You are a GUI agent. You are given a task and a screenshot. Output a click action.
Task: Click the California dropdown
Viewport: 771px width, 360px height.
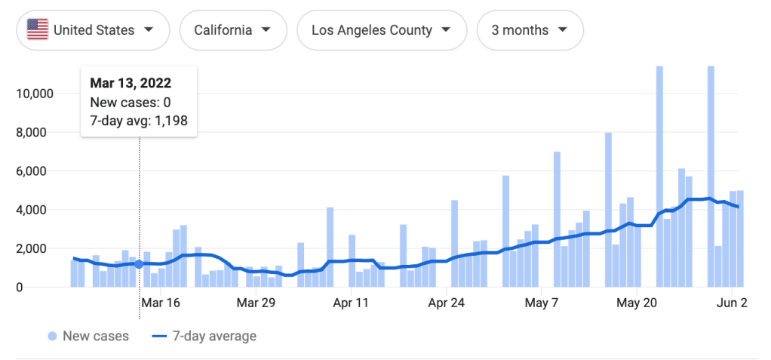(233, 30)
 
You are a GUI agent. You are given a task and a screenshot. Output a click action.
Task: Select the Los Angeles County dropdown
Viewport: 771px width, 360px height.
(382, 30)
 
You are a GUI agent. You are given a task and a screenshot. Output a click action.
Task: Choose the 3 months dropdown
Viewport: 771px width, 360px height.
(530, 30)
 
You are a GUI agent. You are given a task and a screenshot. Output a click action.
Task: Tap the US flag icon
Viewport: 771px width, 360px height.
(37, 30)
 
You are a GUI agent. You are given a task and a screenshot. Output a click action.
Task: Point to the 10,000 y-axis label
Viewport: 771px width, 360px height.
(33, 94)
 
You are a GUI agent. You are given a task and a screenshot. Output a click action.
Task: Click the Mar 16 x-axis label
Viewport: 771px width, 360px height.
(161, 303)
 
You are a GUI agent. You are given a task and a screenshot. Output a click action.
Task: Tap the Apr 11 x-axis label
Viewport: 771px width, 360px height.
(351, 303)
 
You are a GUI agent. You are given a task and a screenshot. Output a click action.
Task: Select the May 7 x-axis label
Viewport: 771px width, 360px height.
(541, 303)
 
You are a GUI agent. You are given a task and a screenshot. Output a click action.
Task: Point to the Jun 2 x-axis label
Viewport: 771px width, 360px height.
(730, 303)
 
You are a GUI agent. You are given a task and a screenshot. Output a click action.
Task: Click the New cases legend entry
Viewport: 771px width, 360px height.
(88, 336)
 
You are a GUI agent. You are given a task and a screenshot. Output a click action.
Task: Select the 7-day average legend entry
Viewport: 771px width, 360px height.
(205, 336)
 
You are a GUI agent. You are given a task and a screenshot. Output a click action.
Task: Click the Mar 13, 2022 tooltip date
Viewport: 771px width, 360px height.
(130, 83)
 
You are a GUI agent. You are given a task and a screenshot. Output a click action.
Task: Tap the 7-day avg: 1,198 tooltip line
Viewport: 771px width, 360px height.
(139, 121)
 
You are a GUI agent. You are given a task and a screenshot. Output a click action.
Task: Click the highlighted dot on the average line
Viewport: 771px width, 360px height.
(139, 264)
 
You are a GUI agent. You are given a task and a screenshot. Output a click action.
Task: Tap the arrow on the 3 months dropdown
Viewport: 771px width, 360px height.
(562, 30)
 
